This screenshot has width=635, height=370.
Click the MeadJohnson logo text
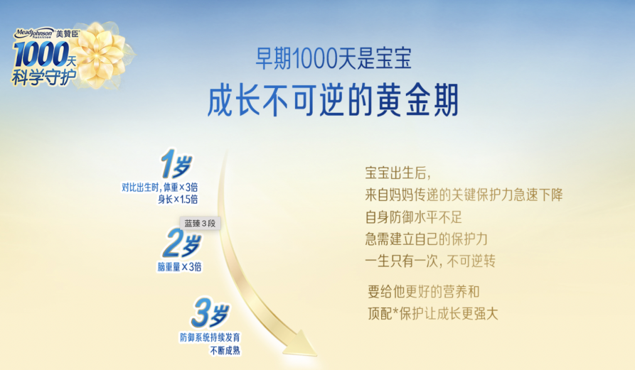[34, 33]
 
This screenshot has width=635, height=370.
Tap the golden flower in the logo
[100, 55]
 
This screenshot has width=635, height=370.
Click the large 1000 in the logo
[41, 54]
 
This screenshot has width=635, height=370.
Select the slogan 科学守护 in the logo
[44, 77]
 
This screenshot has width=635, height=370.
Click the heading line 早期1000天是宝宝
[333, 58]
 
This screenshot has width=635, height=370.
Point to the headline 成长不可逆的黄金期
[333, 100]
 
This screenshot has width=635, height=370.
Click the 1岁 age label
[176, 164]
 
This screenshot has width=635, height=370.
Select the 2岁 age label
[182, 243]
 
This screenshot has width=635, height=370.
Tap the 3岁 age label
[210, 312]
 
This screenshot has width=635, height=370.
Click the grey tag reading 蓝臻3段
[200, 223]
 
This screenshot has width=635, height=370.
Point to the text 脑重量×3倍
[179, 266]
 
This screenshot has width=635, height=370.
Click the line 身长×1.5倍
[178, 199]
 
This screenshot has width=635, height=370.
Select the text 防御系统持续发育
[210, 337]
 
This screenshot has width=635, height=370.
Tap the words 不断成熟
[225, 350]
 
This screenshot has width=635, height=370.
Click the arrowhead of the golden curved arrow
[301, 344]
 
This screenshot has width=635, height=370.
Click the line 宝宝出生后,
[397, 173]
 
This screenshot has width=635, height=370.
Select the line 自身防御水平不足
[413, 217]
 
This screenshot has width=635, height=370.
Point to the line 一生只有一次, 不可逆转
[430, 261]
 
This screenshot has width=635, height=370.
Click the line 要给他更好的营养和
[424, 292]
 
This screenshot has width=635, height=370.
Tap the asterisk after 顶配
[395, 311]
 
